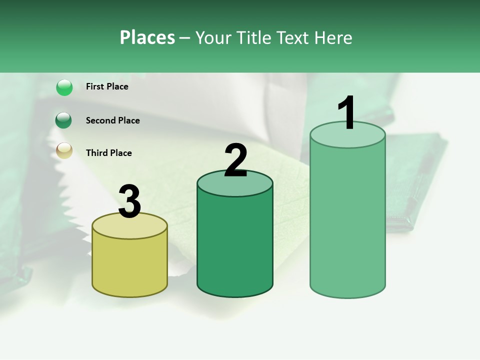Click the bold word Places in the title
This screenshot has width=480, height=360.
(147, 37)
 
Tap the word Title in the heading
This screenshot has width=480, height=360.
(252, 37)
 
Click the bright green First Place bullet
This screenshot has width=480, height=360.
(64, 87)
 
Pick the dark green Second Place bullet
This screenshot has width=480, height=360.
(64, 120)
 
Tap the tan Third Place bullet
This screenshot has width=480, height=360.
(64, 150)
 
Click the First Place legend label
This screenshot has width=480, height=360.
(107, 86)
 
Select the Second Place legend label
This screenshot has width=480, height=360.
(112, 120)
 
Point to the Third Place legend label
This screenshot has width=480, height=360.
(108, 153)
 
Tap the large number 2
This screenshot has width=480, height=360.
(235, 160)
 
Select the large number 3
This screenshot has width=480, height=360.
(129, 202)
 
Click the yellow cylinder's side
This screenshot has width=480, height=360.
(129, 265)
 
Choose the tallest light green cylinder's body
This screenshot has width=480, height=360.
(347, 220)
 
